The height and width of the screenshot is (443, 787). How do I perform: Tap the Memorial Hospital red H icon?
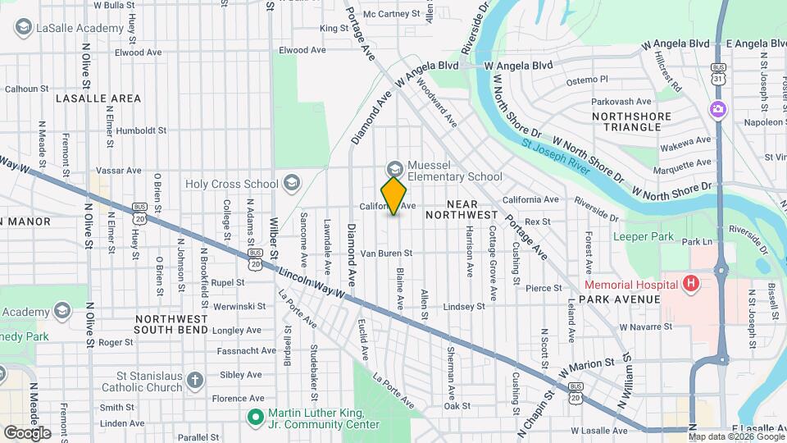click(x=691, y=284)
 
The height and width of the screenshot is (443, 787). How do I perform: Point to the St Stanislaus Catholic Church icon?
click(x=194, y=380)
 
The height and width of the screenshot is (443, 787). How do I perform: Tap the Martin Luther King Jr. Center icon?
click(x=255, y=417)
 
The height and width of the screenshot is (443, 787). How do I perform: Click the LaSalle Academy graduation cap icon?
click(x=23, y=27)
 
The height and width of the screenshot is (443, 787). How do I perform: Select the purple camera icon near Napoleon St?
click(x=717, y=109)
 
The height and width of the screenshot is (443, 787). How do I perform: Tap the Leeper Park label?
click(x=643, y=237)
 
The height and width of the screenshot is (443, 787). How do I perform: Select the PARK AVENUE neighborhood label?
click(x=620, y=299)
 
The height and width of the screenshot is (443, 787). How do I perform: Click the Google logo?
click(x=27, y=432)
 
